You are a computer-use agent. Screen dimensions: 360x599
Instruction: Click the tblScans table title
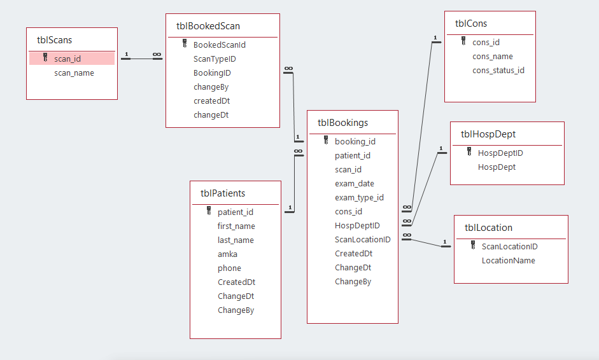click(54, 40)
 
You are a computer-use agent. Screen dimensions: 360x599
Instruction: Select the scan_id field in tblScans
click(67, 59)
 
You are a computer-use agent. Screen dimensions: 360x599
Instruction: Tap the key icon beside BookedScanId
click(185, 45)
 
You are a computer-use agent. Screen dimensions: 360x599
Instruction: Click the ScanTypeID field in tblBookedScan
click(215, 59)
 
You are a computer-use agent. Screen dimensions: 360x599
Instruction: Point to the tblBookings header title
click(342, 123)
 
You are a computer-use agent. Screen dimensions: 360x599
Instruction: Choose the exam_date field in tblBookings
click(354, 184)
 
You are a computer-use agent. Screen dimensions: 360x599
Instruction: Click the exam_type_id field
click(359, 198)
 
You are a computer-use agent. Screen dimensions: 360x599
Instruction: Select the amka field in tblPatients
click(227, 254)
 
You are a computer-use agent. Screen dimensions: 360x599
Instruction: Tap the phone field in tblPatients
click(229, 268)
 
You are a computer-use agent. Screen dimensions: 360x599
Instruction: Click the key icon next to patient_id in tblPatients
click(209, 212)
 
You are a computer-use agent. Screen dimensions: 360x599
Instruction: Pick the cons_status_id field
click(498, 71)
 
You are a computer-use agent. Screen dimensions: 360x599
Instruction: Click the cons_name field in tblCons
click(492, 57)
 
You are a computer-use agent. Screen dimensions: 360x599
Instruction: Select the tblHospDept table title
click(488, 134)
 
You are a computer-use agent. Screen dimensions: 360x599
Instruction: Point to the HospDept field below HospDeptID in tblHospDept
click(497, 167)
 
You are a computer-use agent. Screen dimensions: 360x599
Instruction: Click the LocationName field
click(508, 261)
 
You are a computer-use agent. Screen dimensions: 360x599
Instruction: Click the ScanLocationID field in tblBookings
click(362, 240)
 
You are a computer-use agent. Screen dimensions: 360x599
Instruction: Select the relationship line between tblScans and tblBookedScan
click(141, 59)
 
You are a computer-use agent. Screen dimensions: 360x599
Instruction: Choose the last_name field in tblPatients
click(236, 240)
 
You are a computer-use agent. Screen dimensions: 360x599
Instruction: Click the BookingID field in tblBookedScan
click(212, 73)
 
